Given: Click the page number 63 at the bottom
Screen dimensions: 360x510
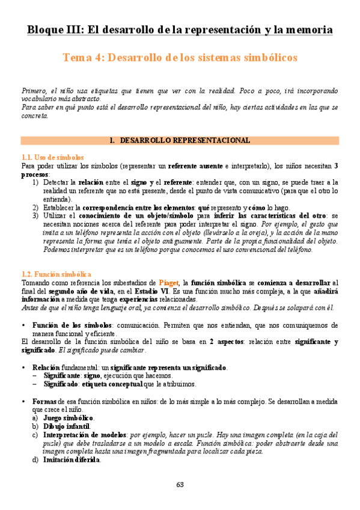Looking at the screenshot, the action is [x=180, y=485].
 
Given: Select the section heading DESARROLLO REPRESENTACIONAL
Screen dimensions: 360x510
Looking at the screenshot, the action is [x=185, y=141].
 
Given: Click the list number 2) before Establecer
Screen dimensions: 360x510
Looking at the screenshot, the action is [x=36, y=207].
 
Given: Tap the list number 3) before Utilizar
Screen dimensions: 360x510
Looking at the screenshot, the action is [x=36, y=216].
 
